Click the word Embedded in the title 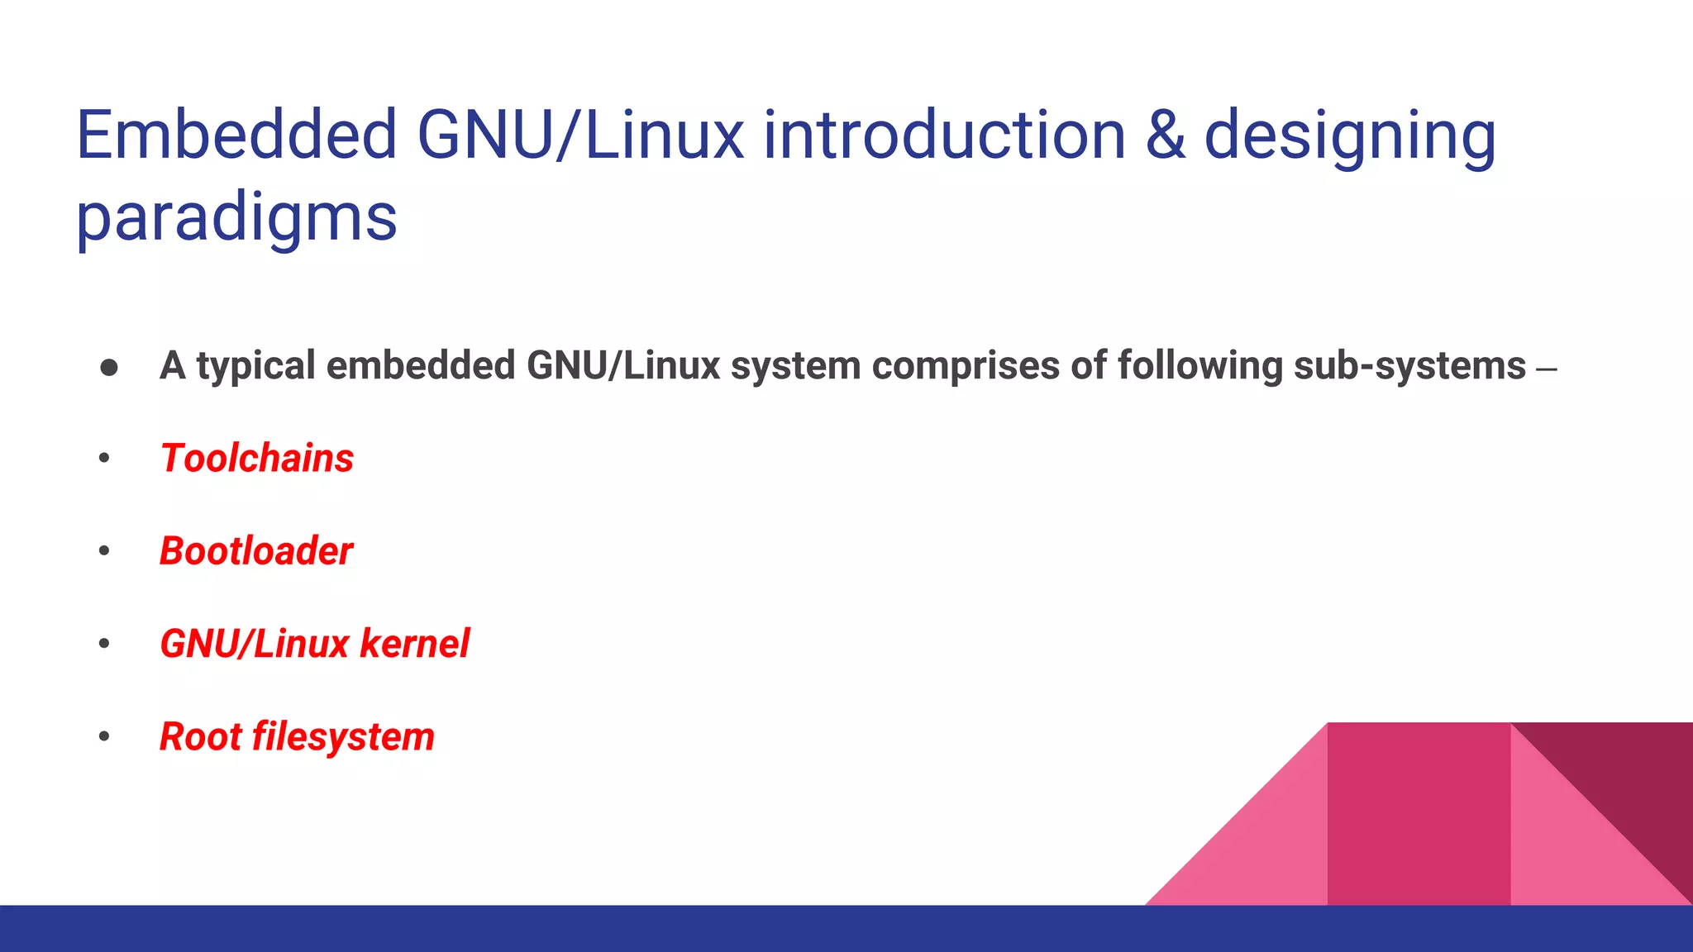pyautogui.click(x=236, y=136)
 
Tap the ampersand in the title pyautogui.click(x=1165, y=136)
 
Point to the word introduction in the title pyautogui.click(x=944, y=136)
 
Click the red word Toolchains pyautogui.click(x=257, y=459)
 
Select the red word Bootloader pyautogui.click(x=256, y=551)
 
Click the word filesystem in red pyautogui.click(x=343, y=737)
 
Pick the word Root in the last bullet pyautogui.click(x=199, y=737)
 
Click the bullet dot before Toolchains pyautogui.click(x=104, y=459)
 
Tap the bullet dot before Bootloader pyautogui.click(x=104, y=551)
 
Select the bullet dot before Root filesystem pyautogui.click(x=104, y=737)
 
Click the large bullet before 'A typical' pyautogui.click(x=109, y=367)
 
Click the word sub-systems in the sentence pyautogui.click(x=1409, y=366)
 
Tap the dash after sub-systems pyautogui.click(x=1546, y=369)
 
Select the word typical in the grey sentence pyautogui.click(x=255, y=366)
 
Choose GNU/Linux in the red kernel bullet pyautogui.click(x=254, y=644)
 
